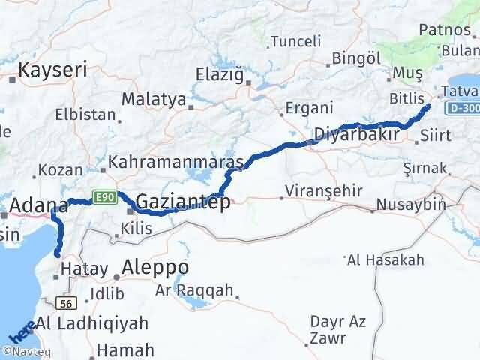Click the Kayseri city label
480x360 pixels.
52,70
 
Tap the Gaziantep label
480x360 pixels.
183,202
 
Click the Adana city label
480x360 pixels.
39,205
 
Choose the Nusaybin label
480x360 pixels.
410,204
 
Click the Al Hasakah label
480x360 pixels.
385,260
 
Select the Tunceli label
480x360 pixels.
295,42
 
